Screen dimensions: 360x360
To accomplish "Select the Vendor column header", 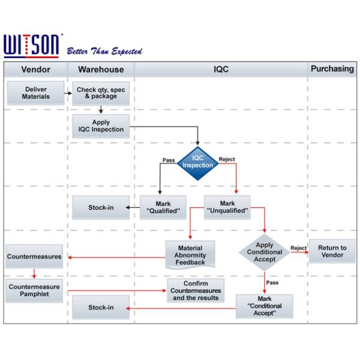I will (x=35, y=70).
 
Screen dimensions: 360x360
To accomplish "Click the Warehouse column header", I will (x=101, y=70).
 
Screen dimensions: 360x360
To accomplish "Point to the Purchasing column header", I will (x=332, y=69).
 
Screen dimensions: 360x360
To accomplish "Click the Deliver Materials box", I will (x=36, y=93).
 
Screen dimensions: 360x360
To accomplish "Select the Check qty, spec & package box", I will (x=101, y=93).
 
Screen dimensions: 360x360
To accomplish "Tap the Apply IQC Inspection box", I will (x=101, y=126).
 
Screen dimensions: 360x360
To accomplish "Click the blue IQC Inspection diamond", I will (x=198, y=163).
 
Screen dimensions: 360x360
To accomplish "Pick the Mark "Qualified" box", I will (x=163, y=208).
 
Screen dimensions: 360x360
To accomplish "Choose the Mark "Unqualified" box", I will (x=227, y=208).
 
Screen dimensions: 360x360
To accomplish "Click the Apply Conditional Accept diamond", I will (x=265, y=253).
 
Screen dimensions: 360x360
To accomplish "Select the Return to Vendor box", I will (x=332, y=252).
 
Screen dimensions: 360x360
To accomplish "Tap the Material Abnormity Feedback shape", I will (x=190, y=254).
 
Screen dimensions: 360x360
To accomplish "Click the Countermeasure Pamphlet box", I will (x=34, y=290).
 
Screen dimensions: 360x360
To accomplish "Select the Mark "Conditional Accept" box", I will (x=265, y=306).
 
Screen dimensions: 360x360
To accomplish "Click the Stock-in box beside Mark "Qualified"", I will (x=101, y=208).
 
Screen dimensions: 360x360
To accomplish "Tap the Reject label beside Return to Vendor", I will (x=299, y=247).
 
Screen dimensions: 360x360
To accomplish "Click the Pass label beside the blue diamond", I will (x=169, y=160).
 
